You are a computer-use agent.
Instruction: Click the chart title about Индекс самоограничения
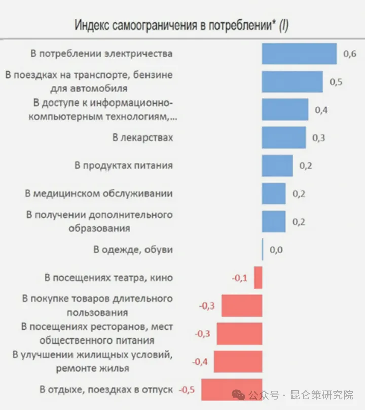click(181, 25)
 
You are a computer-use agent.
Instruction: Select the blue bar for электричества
click(299, 53)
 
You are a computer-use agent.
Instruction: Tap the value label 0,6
click(350, 54)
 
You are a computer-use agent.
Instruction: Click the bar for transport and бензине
click(292, 82)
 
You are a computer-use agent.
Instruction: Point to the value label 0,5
click(336, 82)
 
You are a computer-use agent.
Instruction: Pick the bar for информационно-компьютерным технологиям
click(285, 110)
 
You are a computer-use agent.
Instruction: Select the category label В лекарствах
click(142, 138)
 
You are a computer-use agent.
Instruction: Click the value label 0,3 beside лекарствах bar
click(318, 138)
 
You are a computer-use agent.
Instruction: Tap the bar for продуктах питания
click(277, 165)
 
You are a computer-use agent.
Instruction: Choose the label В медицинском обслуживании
click(99, 193)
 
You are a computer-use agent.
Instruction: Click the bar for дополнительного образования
click(273, 221)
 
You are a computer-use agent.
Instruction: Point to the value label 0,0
click(275, 249)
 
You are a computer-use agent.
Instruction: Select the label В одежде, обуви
click(133, 249)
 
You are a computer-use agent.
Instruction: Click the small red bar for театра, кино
click(258, 278)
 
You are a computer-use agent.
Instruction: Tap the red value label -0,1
click(240, 278)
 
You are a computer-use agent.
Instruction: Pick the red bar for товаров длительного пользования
click(242, 305)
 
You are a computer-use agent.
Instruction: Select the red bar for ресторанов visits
click(239, 333)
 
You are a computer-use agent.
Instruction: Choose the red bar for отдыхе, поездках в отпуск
click(231, 390)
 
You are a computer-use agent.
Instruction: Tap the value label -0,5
click(187, 390)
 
